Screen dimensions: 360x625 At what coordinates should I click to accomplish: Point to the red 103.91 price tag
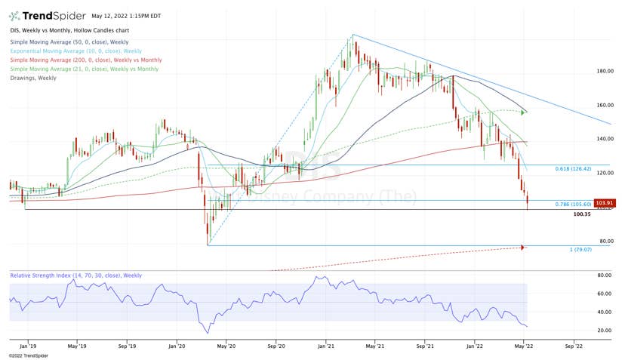click(603, 203)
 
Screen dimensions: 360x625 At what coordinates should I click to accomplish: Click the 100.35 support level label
click(581, 214)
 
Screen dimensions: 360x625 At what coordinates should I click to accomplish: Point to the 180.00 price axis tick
click(603, 71)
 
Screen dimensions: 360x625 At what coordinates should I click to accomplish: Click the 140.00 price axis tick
click(603, 139)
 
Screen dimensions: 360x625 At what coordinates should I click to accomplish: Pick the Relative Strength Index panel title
click(75, 275)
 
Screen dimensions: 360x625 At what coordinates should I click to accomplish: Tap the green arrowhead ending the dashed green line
click(524, 112)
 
